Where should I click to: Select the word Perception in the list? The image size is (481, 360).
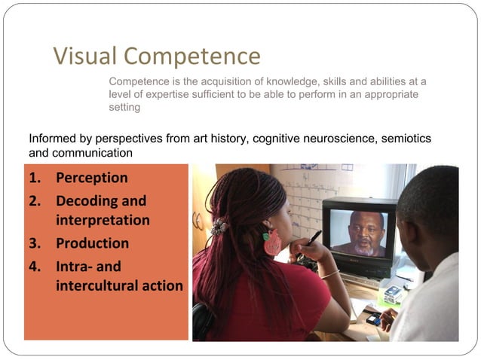(91, 178)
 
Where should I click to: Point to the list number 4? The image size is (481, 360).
(34, 267)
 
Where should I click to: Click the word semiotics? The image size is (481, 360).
(408, 139)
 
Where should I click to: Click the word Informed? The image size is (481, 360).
(51, 139)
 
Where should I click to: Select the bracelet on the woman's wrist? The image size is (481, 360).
(330, 276)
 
